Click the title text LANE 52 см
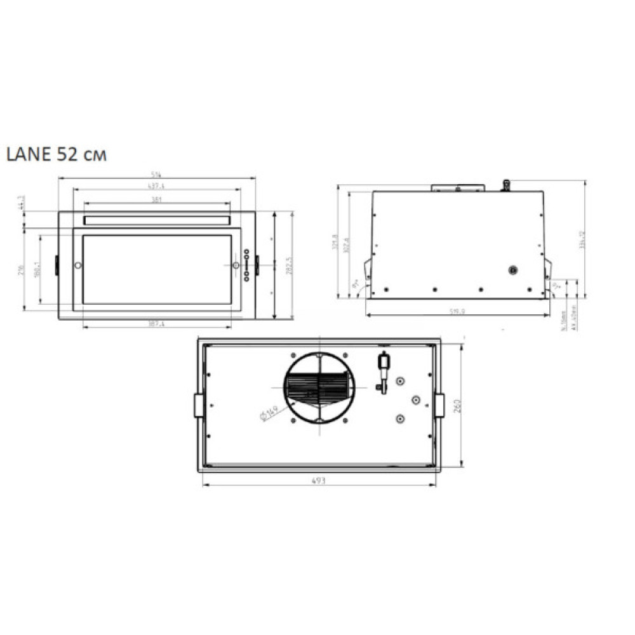56,155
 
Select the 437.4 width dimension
156,186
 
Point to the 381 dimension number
156,199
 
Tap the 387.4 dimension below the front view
156,324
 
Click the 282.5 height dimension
287,265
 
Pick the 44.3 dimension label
22,202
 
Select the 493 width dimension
318,481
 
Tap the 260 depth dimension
457,405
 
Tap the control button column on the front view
246,264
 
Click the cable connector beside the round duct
382,371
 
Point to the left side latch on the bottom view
199,404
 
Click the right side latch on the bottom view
439,404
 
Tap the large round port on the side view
512,270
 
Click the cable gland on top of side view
506,184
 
